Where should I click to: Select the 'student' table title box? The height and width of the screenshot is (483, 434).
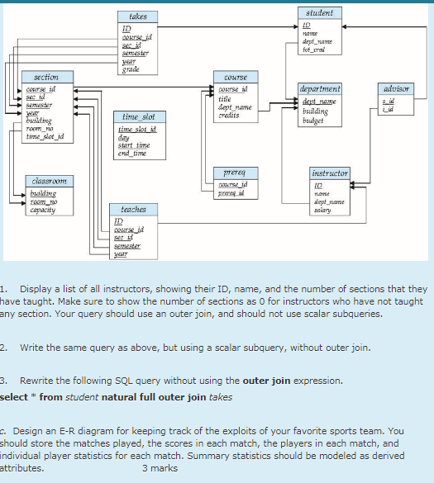tap(319, 13)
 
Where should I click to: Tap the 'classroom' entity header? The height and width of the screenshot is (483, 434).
tap(45, 180)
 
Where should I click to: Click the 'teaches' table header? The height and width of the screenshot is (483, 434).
tap(133, 210)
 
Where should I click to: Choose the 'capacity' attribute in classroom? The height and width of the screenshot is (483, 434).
tap(41, 211)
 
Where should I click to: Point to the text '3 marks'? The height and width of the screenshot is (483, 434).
tap(160, 468)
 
